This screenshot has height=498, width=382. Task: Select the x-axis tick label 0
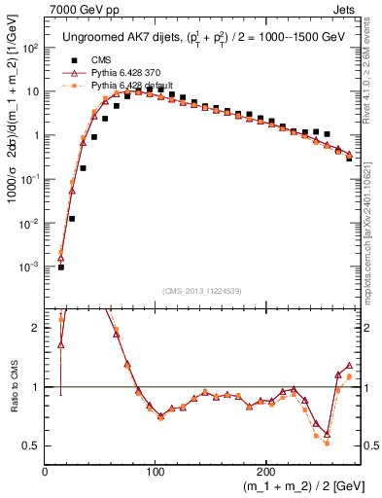coord(45,471)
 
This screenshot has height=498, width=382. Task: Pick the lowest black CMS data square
coord(61,267)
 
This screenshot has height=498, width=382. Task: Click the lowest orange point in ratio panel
coord(327,443)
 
